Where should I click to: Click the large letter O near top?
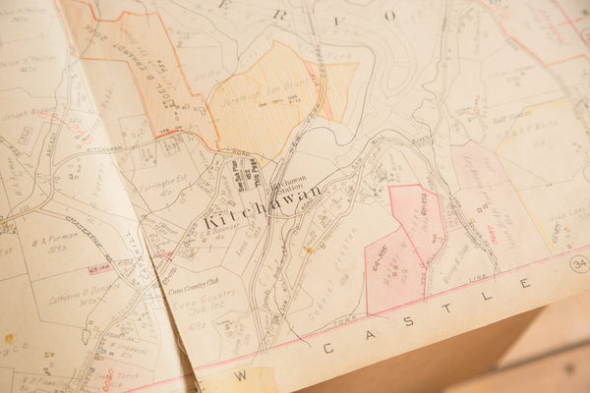[x=389, y=15]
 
